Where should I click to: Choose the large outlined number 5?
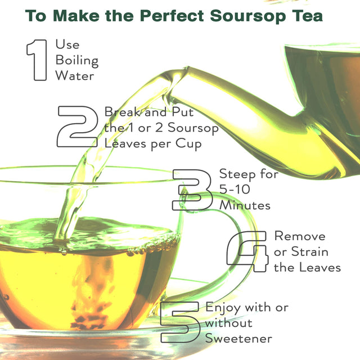pos(179,322)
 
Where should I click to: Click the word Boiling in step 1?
pos(76,60)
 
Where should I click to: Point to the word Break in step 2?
pos(119,112)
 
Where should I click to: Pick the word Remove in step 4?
pos(299,236)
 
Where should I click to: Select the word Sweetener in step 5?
pos(238,339)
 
